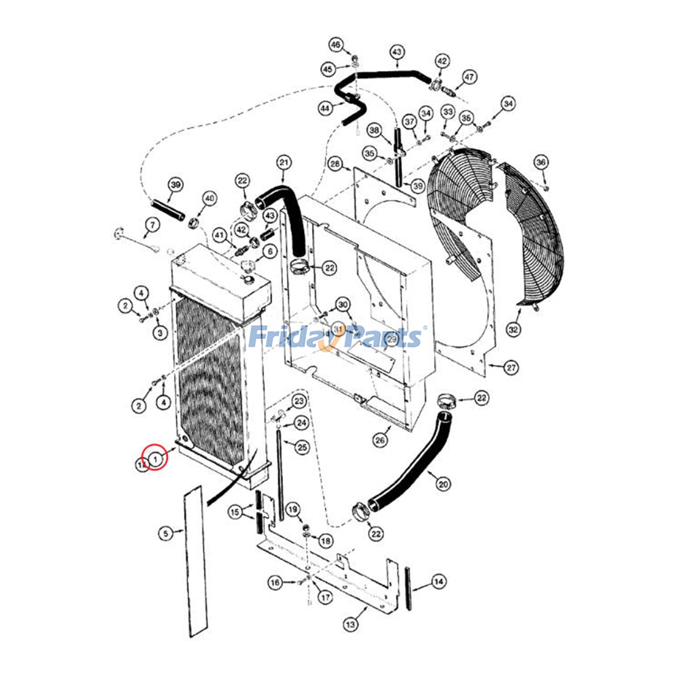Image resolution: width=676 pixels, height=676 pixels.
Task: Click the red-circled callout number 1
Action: coord(155,458)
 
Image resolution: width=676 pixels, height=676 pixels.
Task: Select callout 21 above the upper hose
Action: coord(284,163)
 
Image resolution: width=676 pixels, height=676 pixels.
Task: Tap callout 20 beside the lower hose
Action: coord(443,484)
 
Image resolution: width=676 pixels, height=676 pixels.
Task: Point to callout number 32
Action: coord(513,330)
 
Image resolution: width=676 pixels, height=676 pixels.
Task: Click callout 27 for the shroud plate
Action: coord(511,368)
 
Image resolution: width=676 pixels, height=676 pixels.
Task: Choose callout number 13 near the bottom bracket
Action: coord(351,624)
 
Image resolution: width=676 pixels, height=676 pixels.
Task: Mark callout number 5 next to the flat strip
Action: coord(166,534)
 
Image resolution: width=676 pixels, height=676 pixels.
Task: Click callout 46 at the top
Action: coord(335,45)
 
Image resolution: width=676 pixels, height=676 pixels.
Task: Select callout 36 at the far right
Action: coord(541,162)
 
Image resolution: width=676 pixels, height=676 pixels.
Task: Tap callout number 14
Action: coord(439,582)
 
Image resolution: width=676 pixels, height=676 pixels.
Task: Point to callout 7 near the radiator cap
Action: coord(153,225)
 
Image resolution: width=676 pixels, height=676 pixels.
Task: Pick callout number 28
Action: coord(335,164)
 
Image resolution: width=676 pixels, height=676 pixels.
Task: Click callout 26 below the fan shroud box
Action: coord(380,440)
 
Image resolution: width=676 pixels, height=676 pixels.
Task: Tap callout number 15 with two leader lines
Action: coord(235,512)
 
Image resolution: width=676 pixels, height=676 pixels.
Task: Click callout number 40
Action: coord(210,198)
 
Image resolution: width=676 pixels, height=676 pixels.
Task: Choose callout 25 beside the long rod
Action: coord(302,447)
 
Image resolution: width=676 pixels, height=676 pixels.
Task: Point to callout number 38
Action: coord(374,130)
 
